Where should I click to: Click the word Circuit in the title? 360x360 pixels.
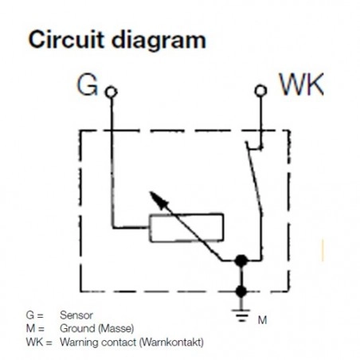click(65, 40)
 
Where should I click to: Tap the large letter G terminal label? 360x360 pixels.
click(87, 85)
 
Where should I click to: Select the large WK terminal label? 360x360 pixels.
click(302, 84)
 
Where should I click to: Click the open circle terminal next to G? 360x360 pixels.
click(112, 92)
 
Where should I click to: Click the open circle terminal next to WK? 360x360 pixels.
click(260, 91)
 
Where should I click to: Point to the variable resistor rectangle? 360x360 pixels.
click(186, 228)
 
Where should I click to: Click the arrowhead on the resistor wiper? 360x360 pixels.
click(158, 200)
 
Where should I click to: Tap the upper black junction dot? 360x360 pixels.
click(241, 260)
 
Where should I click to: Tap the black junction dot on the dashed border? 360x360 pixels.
click(241, 292)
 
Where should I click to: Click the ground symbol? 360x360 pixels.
click(241, 315)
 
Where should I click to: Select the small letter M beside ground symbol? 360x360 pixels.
click(262, 320)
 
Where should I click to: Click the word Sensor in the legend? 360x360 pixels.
click(76, 315)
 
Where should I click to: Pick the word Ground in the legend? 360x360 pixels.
click(77, 328)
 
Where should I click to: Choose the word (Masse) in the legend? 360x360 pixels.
click(115, 329)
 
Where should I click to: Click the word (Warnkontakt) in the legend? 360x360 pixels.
click(171, 342)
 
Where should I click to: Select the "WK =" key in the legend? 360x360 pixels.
click(39, 342)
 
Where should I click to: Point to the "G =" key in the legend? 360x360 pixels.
click(34, 315)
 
